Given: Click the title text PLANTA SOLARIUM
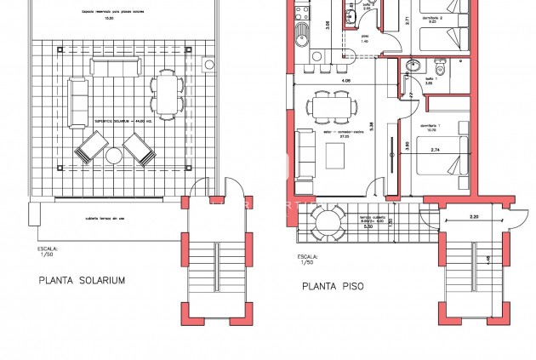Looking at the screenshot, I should (83, 279).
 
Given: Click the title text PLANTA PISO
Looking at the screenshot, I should (333, 288).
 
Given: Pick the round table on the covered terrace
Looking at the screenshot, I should (327, 225).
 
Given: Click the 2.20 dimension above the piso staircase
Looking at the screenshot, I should (475, 217).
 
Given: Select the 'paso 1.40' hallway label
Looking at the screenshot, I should (365, 38).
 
